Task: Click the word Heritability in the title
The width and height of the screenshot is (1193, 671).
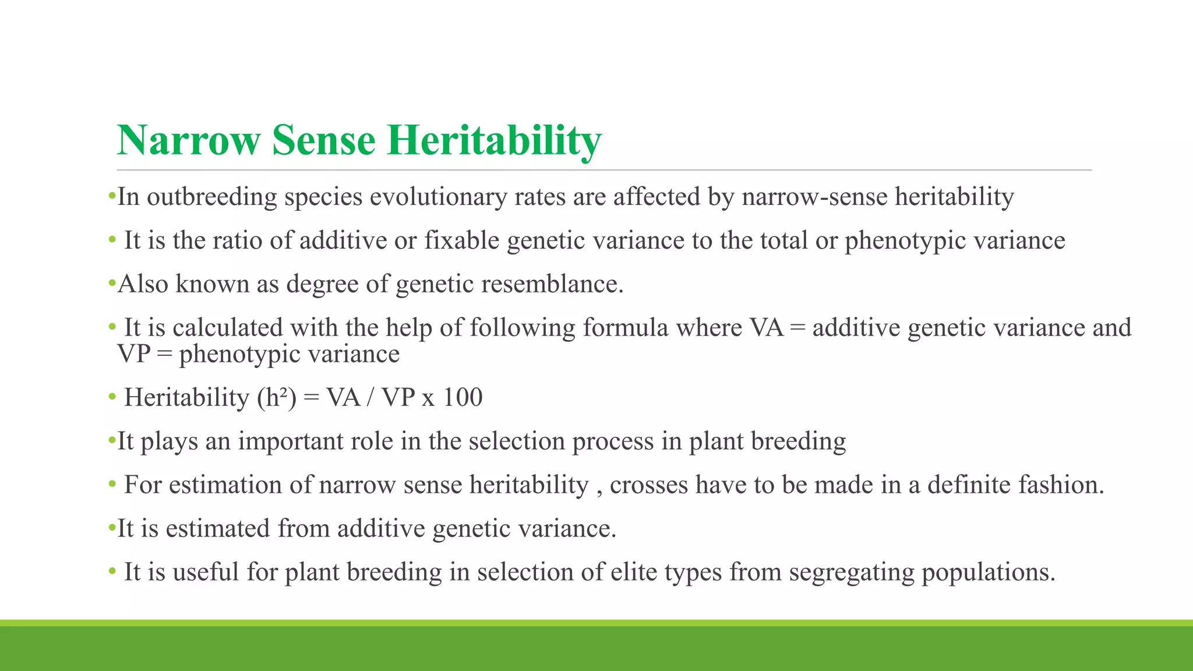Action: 493,140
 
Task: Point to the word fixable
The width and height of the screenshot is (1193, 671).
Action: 461,241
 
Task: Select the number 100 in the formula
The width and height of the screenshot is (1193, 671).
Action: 463,398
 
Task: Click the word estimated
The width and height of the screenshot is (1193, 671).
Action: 217,529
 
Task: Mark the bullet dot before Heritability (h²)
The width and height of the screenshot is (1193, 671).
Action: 112,398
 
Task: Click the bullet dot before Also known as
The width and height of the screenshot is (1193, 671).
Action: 112,284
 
